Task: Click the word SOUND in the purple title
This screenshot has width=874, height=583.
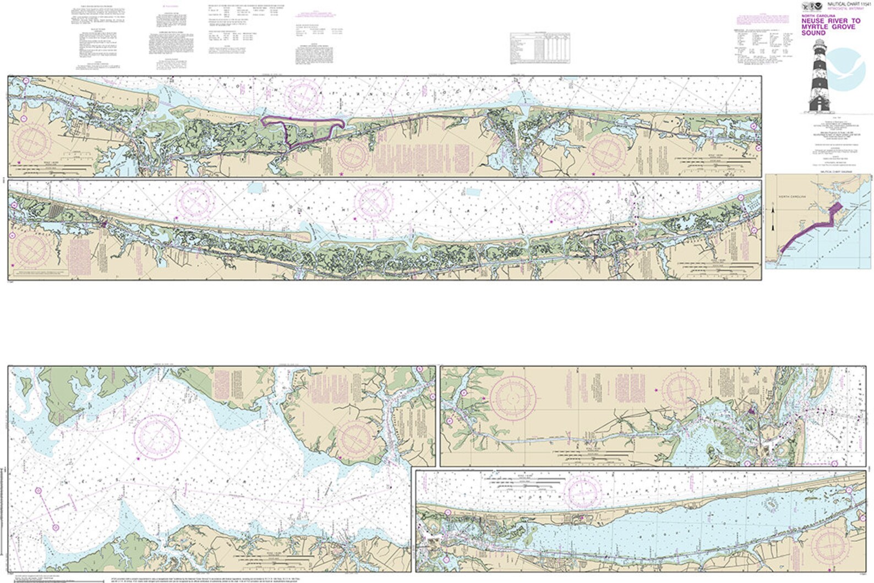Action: click(813, 33)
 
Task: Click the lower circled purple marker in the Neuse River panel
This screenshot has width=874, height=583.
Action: click(55, 527)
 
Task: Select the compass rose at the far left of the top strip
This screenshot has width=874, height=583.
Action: click(34, 142)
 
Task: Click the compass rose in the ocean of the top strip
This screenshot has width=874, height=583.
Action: click(302, 96)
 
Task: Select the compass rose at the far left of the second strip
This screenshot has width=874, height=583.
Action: click(32, 251)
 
